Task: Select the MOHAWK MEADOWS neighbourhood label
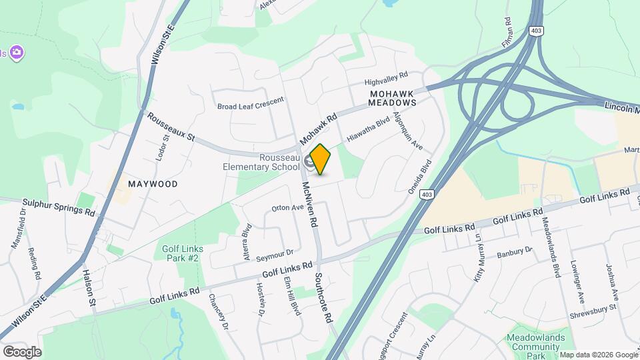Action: [x=393, y=98]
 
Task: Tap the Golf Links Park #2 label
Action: [x=183, y=253]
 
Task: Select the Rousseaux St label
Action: [x=171, y=127]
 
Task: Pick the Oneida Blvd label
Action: [x=421, y=175]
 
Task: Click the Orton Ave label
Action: [x=288, y=207]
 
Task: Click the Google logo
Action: [x=22, y=351]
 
